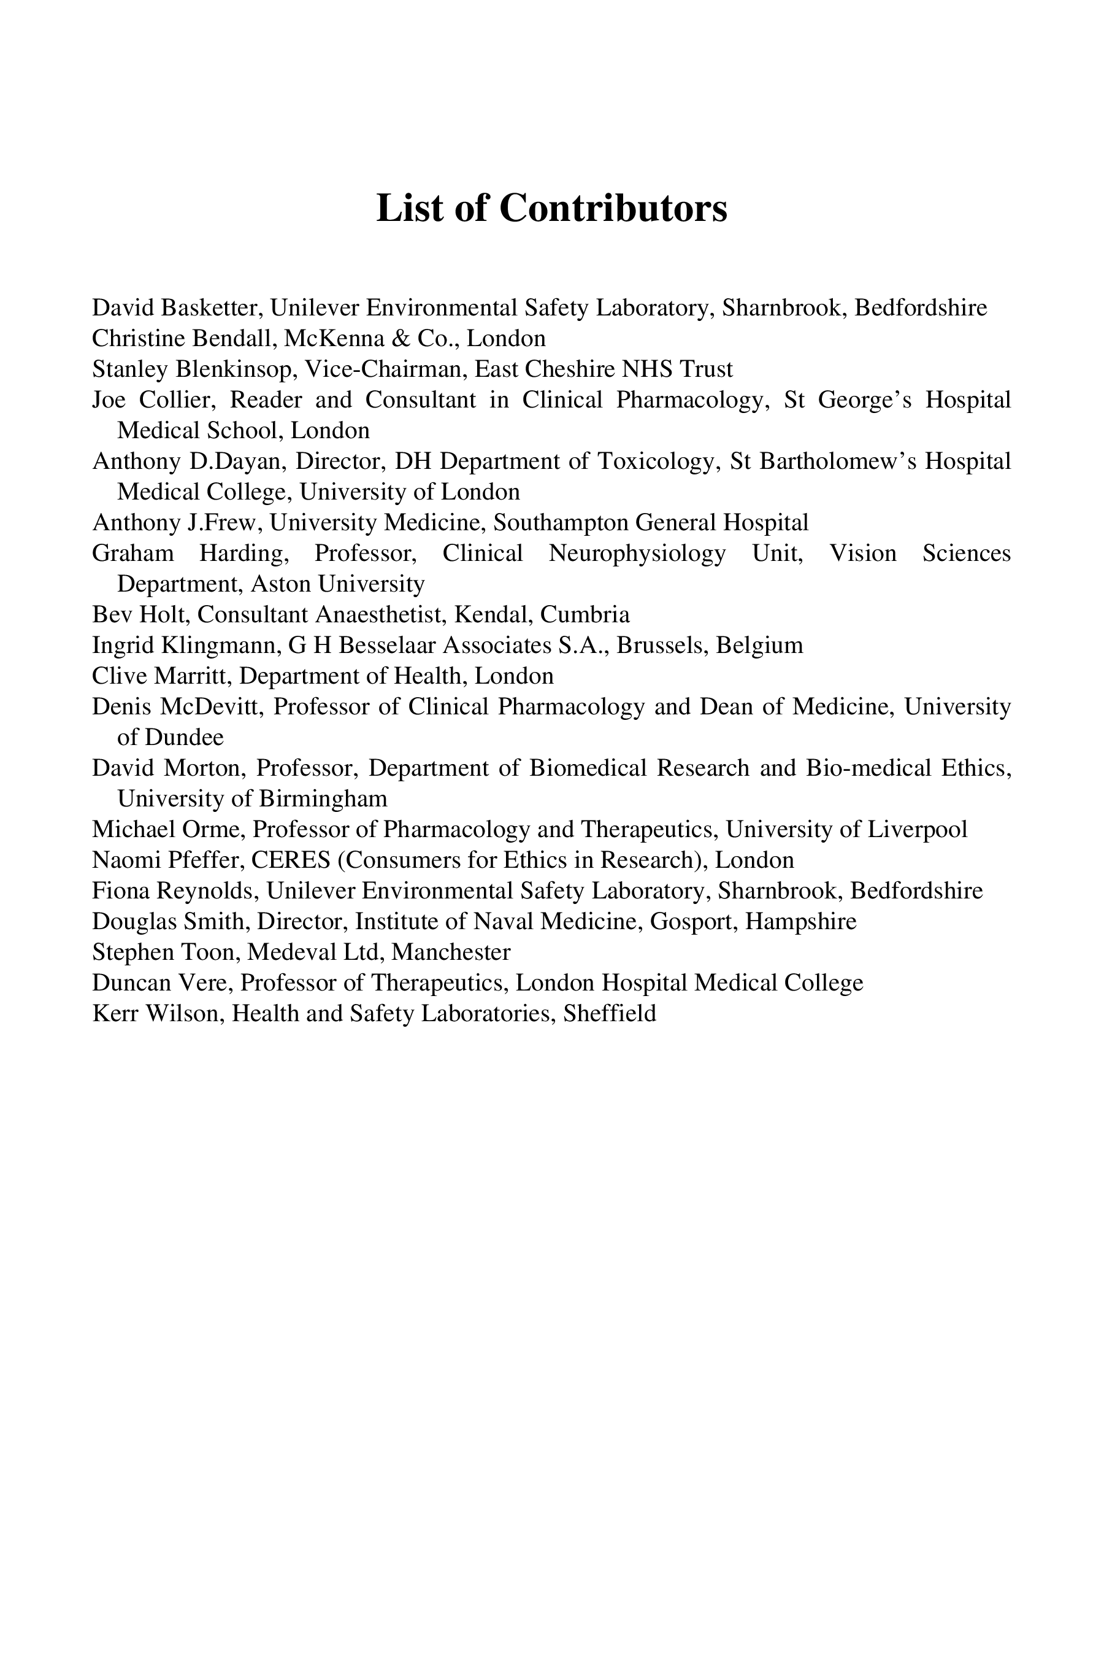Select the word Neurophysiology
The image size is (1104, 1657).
pyautogui.click(x=637, y=554)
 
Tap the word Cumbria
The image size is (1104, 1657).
pyautogui.click(x=585, y=615)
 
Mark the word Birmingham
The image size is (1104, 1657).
pyautogui.click(x=323, y=799)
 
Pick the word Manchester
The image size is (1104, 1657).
pyautogui.click(x=451, y=952)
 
